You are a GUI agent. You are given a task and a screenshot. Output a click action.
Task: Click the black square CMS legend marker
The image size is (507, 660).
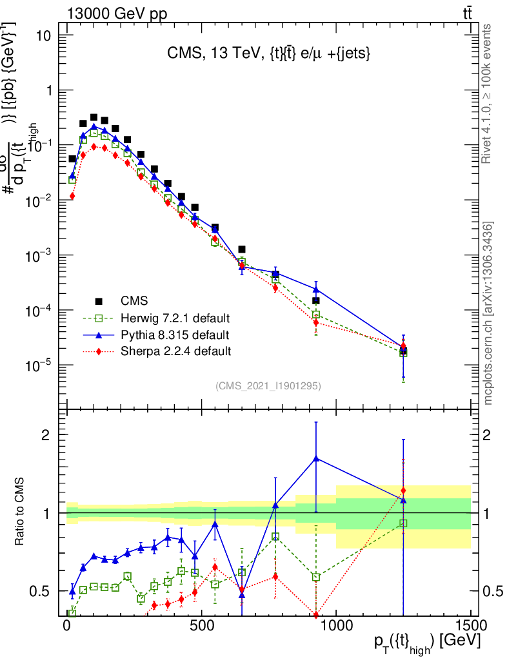(x=99, y=301)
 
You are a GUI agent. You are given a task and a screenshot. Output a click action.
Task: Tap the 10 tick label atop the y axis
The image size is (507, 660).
(x=45, y=35)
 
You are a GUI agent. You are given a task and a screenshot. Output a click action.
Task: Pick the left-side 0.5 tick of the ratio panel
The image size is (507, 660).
(x=40, y=591)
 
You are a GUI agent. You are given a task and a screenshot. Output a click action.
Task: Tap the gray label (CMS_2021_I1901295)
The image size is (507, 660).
(x=268, y=385)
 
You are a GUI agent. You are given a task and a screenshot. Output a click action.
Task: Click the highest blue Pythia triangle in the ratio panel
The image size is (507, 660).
(x=316, y=458)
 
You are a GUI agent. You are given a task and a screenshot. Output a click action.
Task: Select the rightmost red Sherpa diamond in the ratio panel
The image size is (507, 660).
(x=403, y=491)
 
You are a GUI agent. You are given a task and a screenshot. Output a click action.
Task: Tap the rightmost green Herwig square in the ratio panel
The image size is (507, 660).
(x=403, y=523)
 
